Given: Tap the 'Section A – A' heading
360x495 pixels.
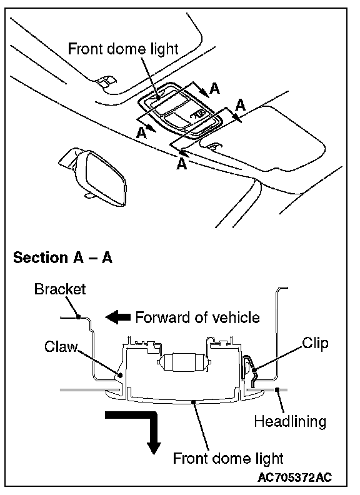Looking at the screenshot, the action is (x=63, y=257).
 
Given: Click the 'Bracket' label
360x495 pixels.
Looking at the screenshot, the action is (x=60, y=289).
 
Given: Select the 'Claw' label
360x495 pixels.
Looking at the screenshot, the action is (x=61, y=346).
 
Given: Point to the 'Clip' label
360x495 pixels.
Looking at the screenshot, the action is (x=315, y=343).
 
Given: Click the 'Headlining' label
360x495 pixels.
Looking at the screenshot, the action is (x=290, y=422).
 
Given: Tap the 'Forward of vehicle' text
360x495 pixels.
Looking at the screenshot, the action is (x=197, y=317).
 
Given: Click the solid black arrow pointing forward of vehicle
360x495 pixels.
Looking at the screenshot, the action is (x=117, y=317).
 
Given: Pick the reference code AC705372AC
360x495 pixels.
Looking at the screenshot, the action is (x=295, y=477).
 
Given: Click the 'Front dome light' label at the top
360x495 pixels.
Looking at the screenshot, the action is (x=123, y=49).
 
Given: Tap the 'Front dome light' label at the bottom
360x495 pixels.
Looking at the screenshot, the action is (x=228, y=458).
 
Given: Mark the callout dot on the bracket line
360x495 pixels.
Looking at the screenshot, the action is (x=78, y=317).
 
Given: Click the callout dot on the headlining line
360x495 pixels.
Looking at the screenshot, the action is (x=277, y=390).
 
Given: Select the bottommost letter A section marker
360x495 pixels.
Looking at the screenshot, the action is (x=182, y=164).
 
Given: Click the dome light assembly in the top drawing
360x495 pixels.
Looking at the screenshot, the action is (x=180, y=111).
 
